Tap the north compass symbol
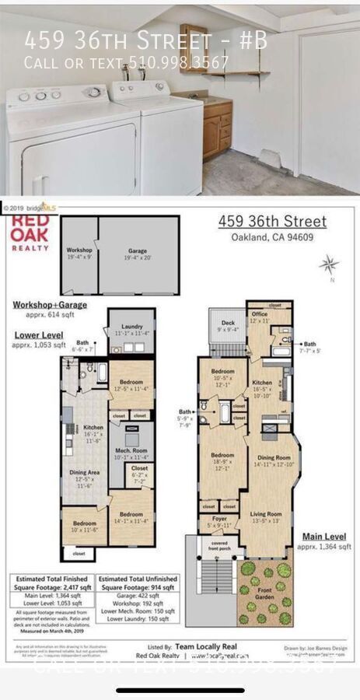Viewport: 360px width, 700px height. pos(328,264)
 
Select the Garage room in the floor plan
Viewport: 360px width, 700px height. pos(137,254)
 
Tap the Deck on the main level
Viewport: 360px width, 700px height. pos(228,325)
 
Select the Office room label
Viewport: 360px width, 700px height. pos(259,317)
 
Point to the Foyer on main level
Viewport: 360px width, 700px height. pos(209,523)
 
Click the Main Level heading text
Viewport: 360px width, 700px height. pos(323,535)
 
